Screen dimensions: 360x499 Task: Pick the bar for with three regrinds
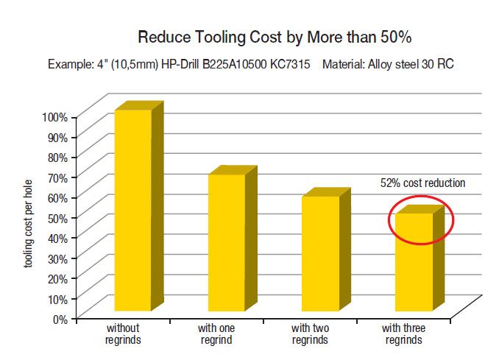click(x=414, y=261)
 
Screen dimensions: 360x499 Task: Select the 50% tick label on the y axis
click(x=57, y=218)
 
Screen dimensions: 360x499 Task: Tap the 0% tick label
click(x=60, y=319)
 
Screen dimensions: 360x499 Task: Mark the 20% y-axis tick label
click(x=57, y=278)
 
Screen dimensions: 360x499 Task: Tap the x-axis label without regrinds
click(x=123, y=333)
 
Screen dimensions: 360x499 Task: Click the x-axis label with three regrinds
click(x=403, y=333)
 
